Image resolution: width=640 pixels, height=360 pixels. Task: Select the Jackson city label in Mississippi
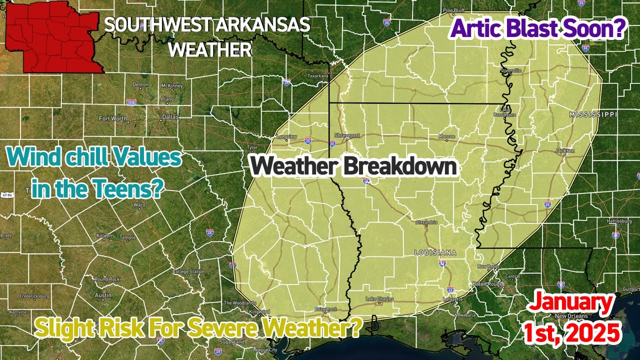click(x=564, y=150)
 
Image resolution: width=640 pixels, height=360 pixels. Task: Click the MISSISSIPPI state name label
click(x=593, y=115)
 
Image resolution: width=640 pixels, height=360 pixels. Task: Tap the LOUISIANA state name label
click(x=435, y=253)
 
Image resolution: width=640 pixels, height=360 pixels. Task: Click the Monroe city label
click(x=446, y=136)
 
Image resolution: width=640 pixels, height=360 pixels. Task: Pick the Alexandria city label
click(x=427, y=222)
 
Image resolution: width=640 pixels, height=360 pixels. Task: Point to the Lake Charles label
click(x=379, y=299)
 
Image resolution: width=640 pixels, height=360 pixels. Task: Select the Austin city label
click(x=103, y=295)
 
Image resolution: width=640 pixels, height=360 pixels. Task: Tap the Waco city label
click(x=139, y=205)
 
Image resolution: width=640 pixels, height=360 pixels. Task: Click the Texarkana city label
click(x=318, y=76)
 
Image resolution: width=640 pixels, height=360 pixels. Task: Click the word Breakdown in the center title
click(x=400, y=166)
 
